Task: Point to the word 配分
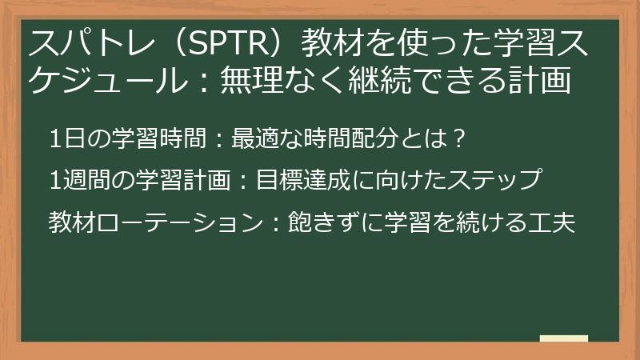(376, 139)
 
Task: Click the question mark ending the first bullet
(458, 139)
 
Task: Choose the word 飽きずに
(327, 222)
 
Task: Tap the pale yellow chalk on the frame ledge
(564, 338)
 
